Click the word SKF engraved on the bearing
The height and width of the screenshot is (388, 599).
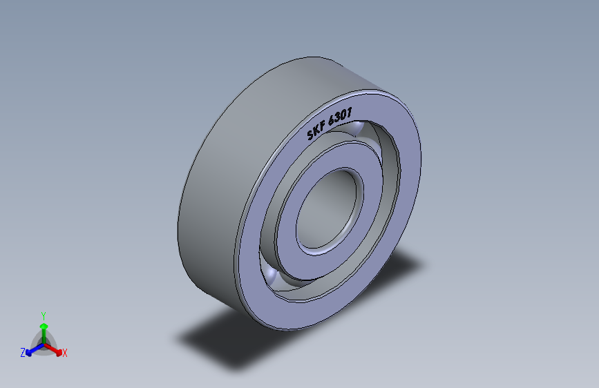pyautogui.click(x=316, y=130)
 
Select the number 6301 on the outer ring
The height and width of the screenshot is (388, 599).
pyautogui.click(x=340, y=116)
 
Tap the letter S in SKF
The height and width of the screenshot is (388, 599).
pyautogui.click(x=311, y=134)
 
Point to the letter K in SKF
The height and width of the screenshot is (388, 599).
pyautogui.click(x=316, y=130)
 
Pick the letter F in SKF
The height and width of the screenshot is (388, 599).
pyautogui.click(x=323, y=124)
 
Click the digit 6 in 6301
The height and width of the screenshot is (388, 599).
pyautogui.click(x=332, y=120)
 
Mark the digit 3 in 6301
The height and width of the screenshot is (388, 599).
pyautogui.click(x=337, y=117)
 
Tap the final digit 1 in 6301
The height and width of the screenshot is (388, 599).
pyautogui.click(x=349, y=112)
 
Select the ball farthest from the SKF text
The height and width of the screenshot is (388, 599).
pyautogui.click(x=270, y=275)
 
